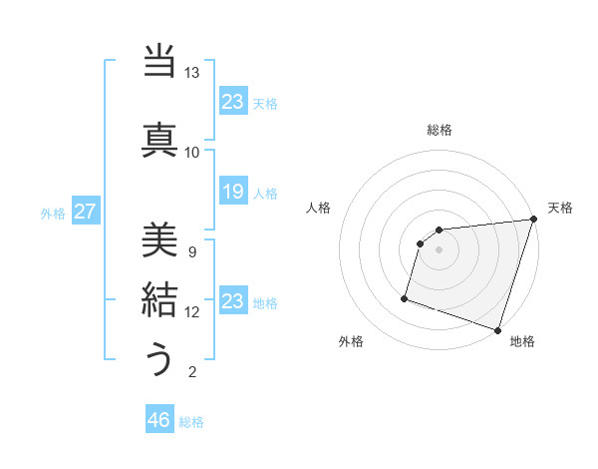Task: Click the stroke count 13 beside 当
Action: click(192, 73)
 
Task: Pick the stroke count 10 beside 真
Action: click(192, 152)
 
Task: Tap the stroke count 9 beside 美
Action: click(192, 251)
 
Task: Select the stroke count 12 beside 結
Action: click(192, 312)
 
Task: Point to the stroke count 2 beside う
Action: click(192, 372)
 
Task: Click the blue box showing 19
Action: click(232, 192)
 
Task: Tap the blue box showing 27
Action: click(86, 212)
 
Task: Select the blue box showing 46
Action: click(159, 420)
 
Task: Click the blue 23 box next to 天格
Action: click(232, 101)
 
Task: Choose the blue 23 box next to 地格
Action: click(232, 301)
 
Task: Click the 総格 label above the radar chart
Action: click(440, 130)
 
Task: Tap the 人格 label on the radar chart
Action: click(319, 208)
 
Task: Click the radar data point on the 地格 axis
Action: click(497, 329)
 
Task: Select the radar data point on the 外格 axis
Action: click(405, 297)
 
